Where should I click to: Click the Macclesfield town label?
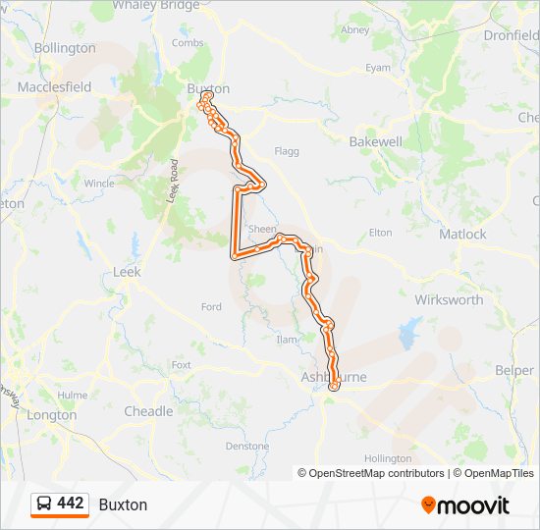pos(54,86)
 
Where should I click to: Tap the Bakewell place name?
pos(376,141)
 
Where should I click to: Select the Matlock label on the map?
pos(461,234)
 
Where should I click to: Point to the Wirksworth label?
pos(449,299)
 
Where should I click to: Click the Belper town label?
pos(513,370)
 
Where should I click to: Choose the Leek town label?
pos(127,272)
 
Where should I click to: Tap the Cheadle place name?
pos(148,411)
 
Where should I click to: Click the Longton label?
pos(53,414)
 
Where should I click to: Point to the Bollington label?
pos(65,47)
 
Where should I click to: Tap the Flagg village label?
pos(287,152)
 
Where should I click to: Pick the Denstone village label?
pos(246,446)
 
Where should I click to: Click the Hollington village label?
pos(388,458)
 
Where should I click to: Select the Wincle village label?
pos(99,183)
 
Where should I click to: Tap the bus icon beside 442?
pos(44,503)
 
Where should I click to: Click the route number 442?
pos(71,503)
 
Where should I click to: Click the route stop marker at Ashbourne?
pos(333,386)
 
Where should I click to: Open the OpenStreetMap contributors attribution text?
pos(373,473)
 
